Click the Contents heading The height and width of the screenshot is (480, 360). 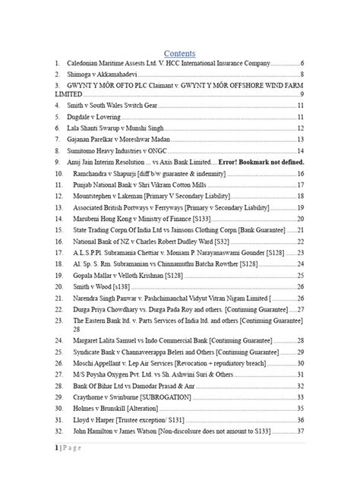(x=180, y=53)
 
